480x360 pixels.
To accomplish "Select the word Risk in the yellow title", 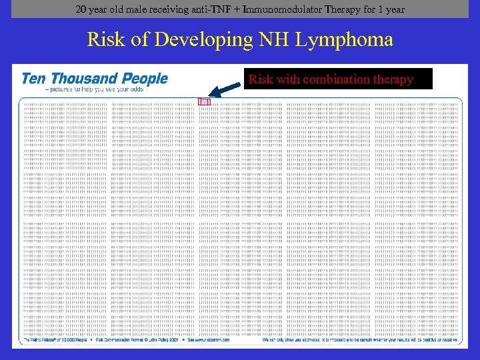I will coord(105,40).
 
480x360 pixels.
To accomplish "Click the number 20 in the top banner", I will coord(81,9).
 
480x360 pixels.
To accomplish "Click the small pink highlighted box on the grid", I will coord(204,102).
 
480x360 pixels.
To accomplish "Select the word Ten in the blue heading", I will coord(33,79).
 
